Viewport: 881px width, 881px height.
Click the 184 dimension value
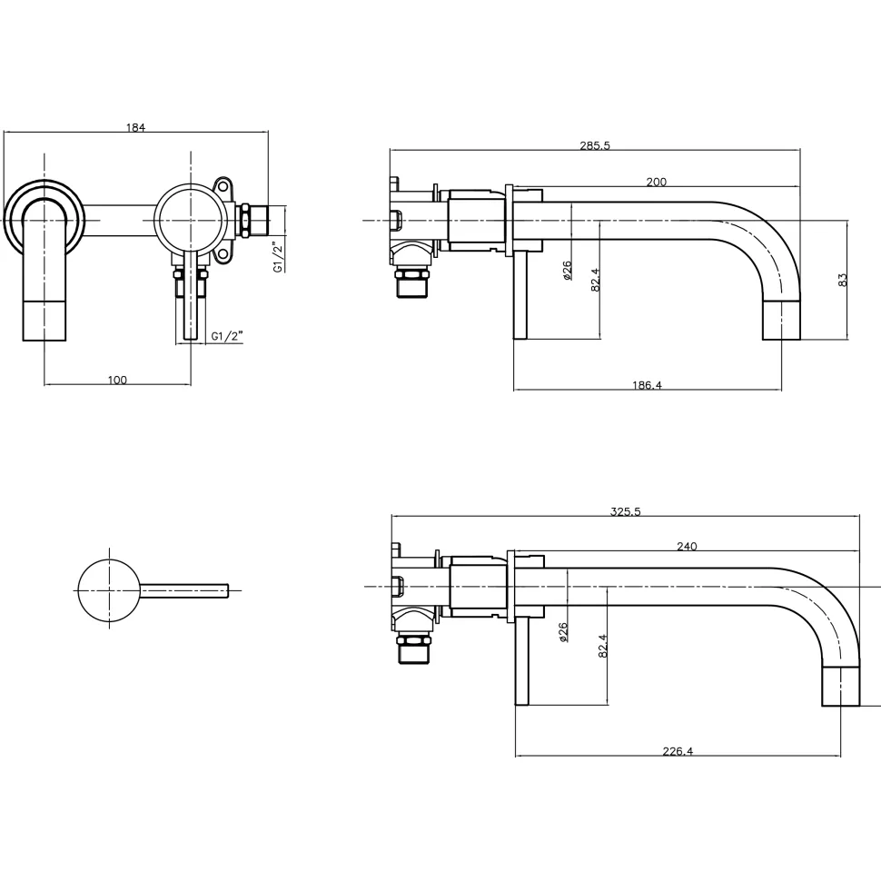pyautogui.click(x=135, y=127)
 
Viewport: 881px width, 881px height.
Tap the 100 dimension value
pyautogui.click(x=117, y=381)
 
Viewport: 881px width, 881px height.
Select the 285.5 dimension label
pyautogui.click(x=595, y=145)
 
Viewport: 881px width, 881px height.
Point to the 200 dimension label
pyautogui.click(x=657, y=182)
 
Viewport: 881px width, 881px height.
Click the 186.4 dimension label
pyautogui.click(x=648, y=385)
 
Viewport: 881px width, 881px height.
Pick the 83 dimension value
pyautogui.click(x=842, y=280)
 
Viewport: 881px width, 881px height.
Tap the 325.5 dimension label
pyautogui.click(x=626, y=512)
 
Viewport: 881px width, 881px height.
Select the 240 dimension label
pyautogui.click(x=687, y=546)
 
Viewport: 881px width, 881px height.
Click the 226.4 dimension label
pyautogui.click(x=678, y=751)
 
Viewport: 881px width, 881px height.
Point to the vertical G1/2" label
pyautogui.click(x=278, y=257)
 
